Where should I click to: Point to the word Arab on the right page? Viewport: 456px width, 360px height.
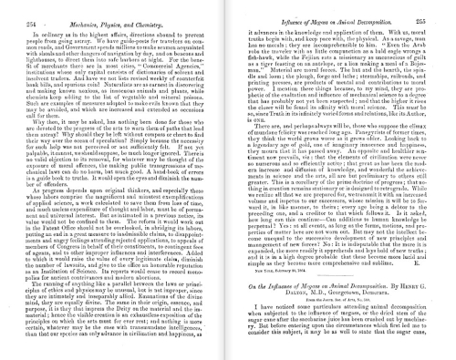429,42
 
